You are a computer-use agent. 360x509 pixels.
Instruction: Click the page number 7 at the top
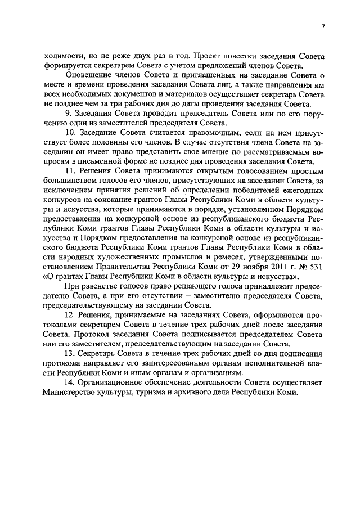(x=323, y=26)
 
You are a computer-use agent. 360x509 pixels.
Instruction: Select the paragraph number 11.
(x=71, y=171)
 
